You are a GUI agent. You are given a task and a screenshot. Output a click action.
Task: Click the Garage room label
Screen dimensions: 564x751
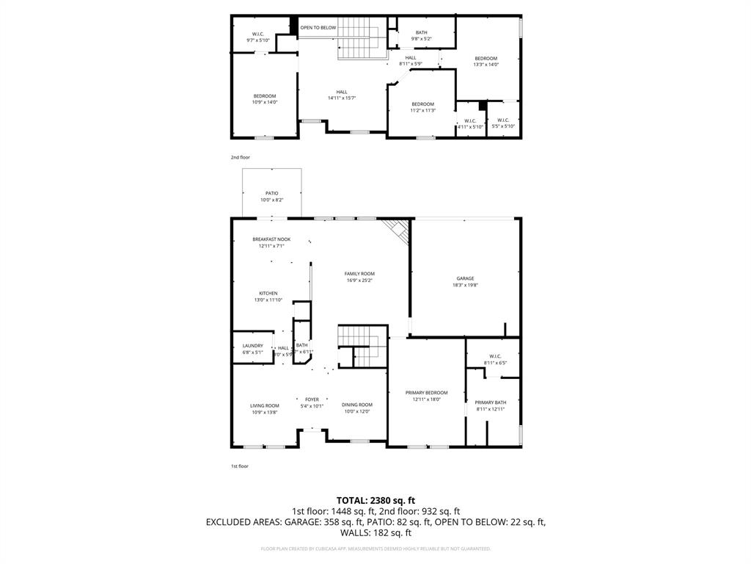click(x=465, y=278)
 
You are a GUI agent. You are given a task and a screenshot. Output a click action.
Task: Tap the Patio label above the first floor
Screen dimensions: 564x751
click(x=271, y=193)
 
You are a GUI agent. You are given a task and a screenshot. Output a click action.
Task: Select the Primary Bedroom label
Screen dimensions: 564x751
click(x=426, y=393)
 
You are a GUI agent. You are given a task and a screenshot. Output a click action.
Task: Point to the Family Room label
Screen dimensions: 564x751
click(x=359, y=274)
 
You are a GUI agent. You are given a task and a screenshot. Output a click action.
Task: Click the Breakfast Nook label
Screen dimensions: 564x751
click(x=271, y=239)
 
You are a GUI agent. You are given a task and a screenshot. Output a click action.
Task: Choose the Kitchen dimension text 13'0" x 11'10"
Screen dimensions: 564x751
click(x=268, y=300)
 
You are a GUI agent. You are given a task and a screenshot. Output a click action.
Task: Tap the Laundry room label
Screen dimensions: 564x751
click(x=252, y=346)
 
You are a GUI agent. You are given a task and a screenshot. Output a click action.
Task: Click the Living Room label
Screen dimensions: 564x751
click(x=265, y=405)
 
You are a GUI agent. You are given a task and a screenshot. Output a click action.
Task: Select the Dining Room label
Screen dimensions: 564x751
click(x=357, y=405)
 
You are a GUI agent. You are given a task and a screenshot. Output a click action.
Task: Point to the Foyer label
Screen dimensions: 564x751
click(x=312, y=399)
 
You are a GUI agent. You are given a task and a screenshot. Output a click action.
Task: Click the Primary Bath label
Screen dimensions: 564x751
click(x=490, y=402)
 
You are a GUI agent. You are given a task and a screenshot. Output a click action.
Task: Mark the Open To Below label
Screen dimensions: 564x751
click(x=318, y=28)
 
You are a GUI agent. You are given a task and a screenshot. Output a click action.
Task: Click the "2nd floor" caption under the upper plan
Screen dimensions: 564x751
click(x=240, y=157)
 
